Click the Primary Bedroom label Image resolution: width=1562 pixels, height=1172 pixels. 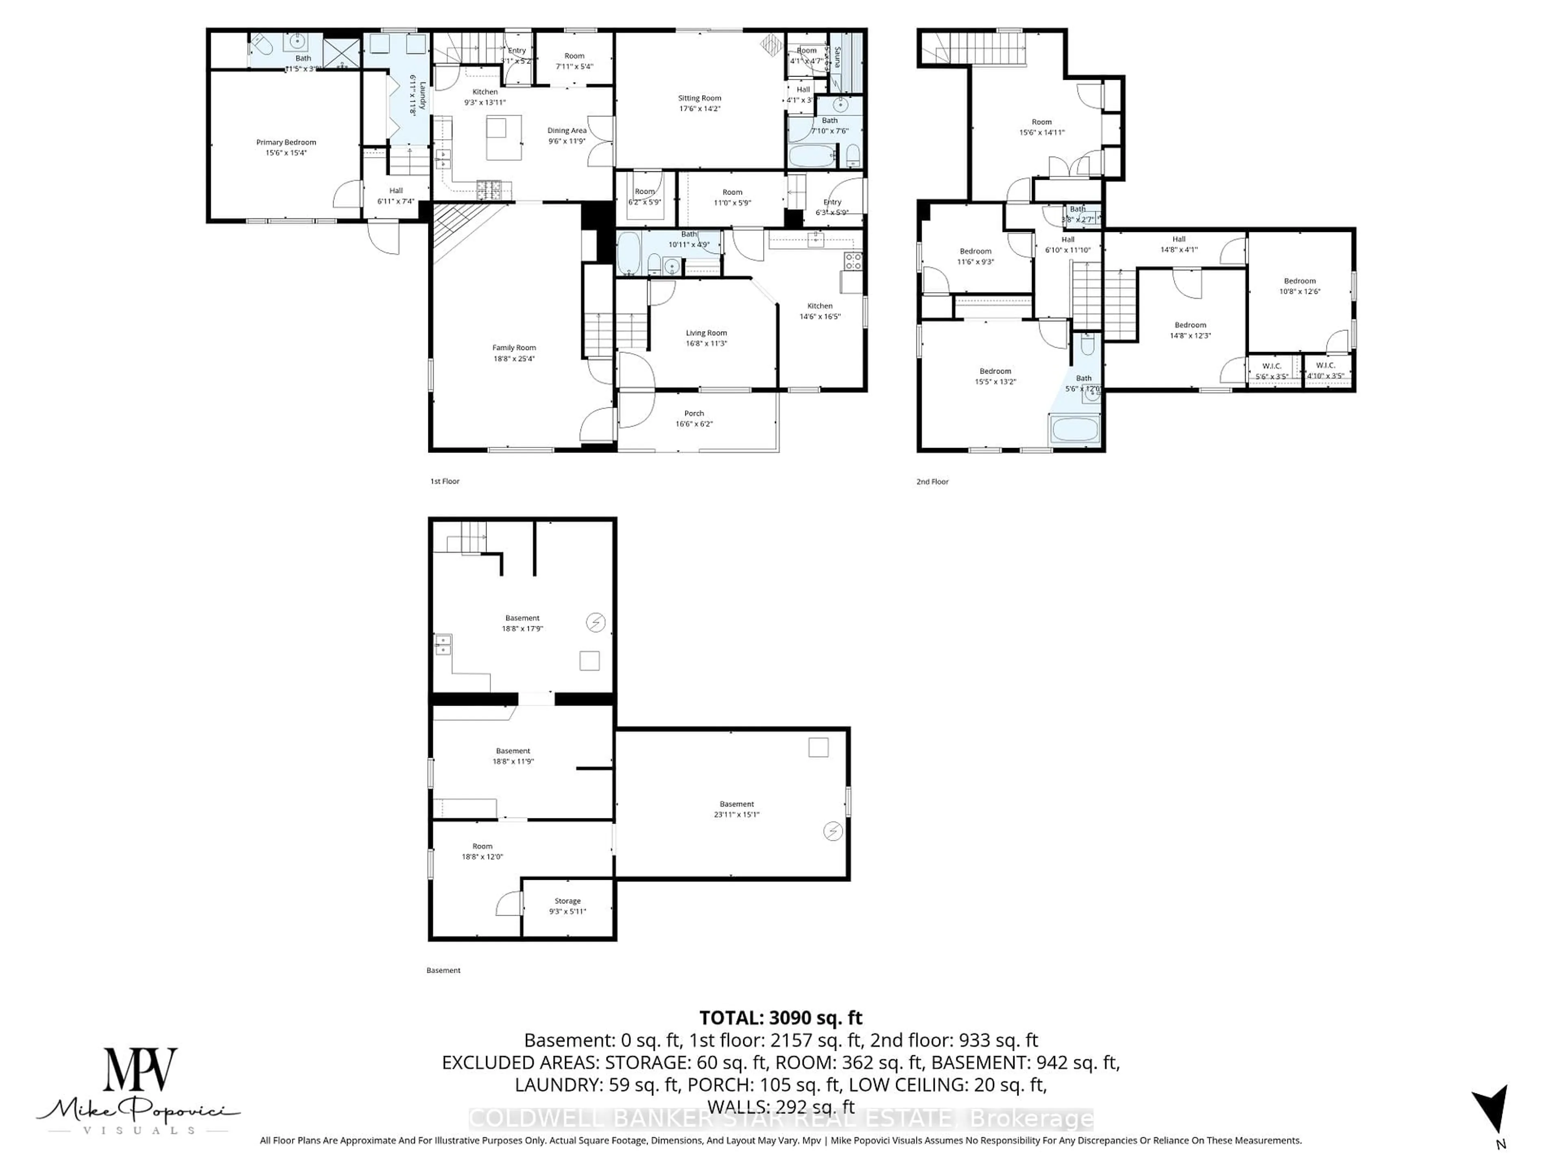286,142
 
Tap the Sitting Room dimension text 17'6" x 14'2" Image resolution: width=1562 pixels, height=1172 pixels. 699,109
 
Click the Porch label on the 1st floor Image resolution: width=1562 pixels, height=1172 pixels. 694,413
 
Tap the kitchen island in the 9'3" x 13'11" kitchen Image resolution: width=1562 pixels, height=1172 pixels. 504,138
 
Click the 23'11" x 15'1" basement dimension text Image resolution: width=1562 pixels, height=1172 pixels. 737,815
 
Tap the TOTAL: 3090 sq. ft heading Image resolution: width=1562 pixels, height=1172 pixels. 780,1018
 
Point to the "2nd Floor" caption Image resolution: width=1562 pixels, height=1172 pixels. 932,482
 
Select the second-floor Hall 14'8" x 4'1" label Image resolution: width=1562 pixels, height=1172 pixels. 1178,239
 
